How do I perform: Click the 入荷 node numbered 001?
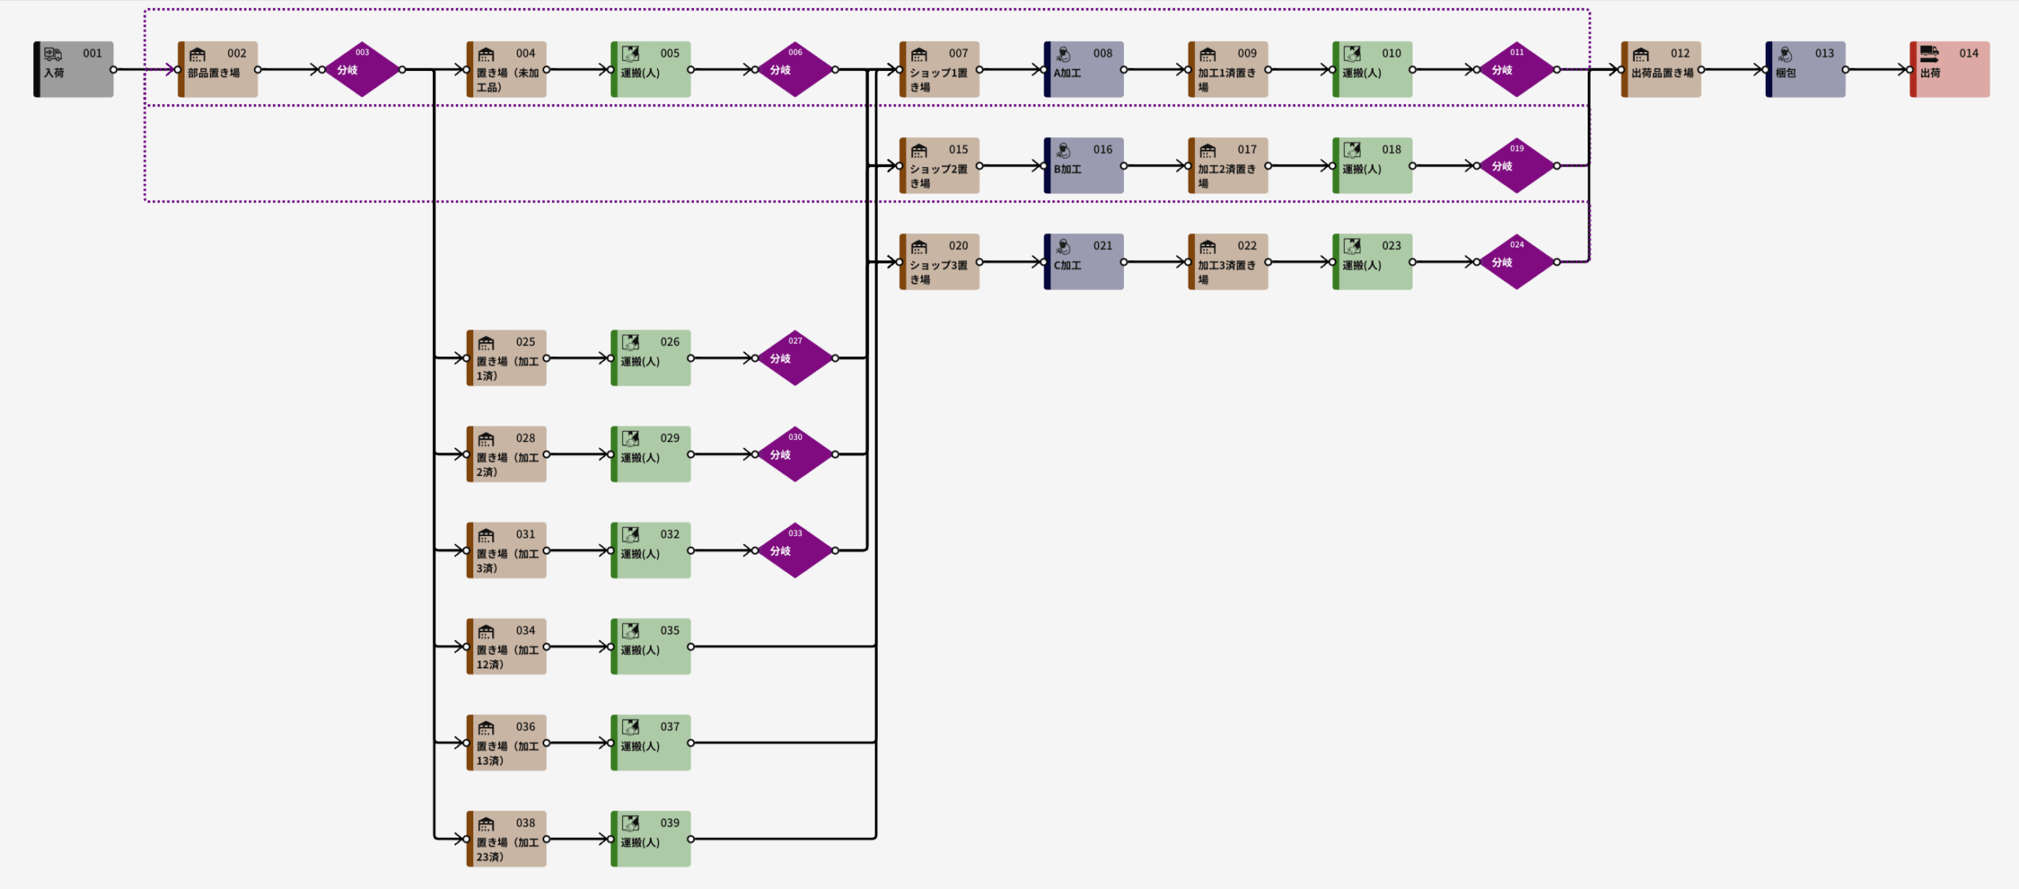(x=73, y=69)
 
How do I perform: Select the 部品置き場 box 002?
(x=218, y=69)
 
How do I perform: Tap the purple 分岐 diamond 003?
(x=362, y=69)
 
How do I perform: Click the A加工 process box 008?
(x=1084, y=69)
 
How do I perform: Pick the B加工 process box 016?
(x=1084, y=166)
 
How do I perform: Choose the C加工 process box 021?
(x=1084, y=262)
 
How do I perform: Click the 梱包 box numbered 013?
(x=1805, y=69)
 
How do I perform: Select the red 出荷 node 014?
(x=1950, y=69)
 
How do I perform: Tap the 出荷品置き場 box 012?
(x=1661, y=69)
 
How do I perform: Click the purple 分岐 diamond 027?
(x=795, y=358)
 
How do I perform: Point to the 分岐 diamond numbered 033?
(x=795, y=550)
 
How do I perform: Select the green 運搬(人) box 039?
(x=651, y=839)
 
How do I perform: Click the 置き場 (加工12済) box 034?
(x=506, y=646)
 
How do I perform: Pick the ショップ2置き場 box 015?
(x=939, y=166)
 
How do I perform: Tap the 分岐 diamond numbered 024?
(x=1517, y=262)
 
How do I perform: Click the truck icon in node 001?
(x=53, y=54)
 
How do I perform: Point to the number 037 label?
(x=670, y=727)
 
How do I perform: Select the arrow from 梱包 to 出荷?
(x=1877, y=69)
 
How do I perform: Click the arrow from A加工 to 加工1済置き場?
(x=1155, y=69)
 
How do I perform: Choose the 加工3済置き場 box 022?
(x=1228, y=262)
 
